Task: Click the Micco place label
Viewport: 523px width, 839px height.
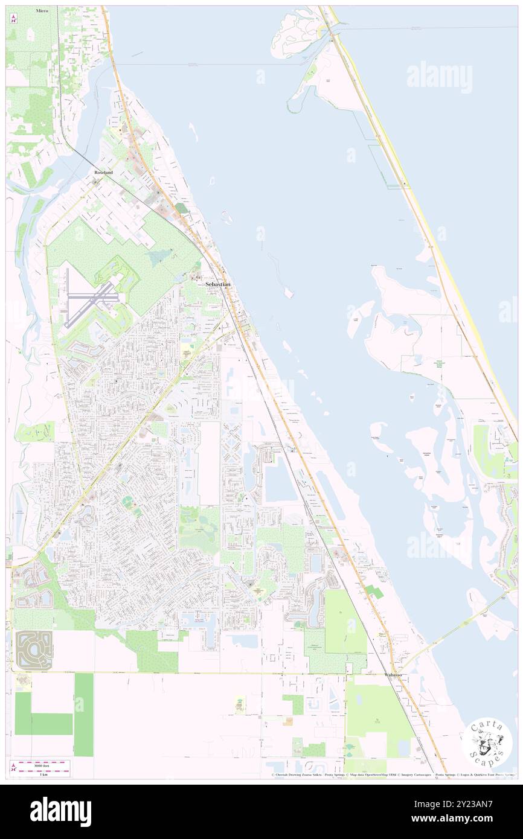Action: coord(42,11)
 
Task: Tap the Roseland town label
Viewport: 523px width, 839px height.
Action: coord(103,172)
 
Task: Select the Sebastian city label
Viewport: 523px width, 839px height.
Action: coord(218,284)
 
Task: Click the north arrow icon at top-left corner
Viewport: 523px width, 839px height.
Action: coord(14,18)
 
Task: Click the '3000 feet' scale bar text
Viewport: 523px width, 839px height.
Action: coord(40,764)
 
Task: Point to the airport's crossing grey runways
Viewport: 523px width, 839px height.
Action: coord(91,297)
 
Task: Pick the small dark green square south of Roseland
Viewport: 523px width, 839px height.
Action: coord(181,208)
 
